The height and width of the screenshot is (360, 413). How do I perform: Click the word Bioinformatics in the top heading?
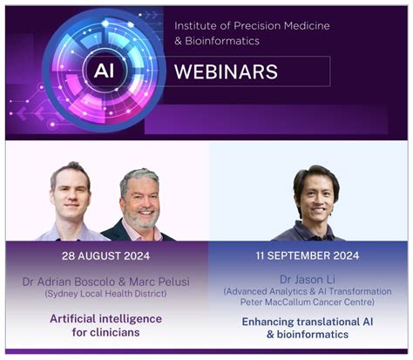click(x=227, y=42)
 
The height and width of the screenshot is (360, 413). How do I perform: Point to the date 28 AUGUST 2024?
click(x=105, y=256)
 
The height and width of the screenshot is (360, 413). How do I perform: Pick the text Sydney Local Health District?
click(x=105, y=294)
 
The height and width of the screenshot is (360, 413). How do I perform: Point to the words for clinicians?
click(x=105, y=332)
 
